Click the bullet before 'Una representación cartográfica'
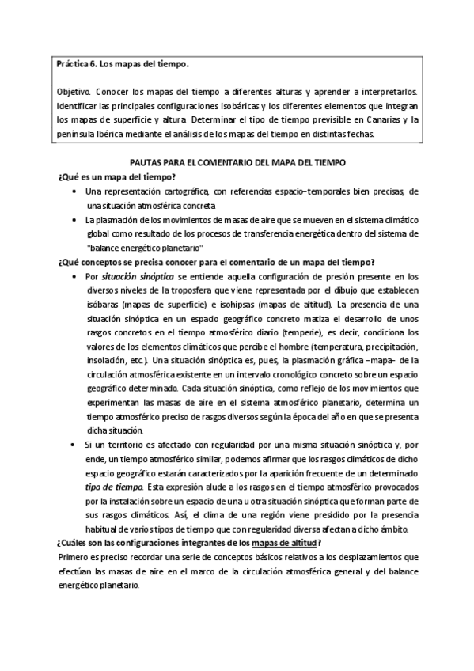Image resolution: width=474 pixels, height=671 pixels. [x=74, y=192]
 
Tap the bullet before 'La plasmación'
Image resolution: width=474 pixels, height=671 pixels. [x=74, y=220]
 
